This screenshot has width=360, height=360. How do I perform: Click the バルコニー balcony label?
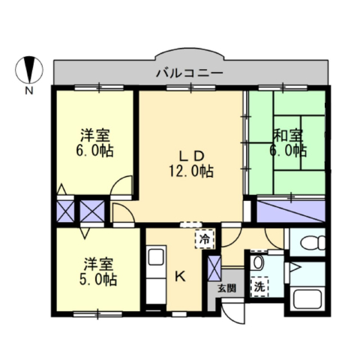click(x=190, y=73)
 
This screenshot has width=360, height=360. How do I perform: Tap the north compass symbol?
click(x=29, y=70)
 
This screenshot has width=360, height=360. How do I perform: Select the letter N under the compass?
click(x=29, y=91)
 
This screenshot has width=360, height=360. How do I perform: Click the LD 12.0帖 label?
click(x=191, y=164)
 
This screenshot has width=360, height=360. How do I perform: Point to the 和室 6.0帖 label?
click(x=288, y=142)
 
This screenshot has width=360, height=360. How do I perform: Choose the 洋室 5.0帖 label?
click(x=98, y=271)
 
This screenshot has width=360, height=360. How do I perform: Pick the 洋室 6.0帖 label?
click(x=94, y=143)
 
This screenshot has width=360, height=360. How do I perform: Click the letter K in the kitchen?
click(x=180, y=277)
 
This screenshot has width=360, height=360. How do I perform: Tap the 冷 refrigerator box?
click(x=205, y=239)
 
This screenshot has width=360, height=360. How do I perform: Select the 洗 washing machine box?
click(x=259, y=287)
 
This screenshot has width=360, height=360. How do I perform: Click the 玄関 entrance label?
click(x=226, y=288)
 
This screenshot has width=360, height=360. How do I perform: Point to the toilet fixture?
click(x=313, y=242)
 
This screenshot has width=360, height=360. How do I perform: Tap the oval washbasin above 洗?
click(x=258, y=262)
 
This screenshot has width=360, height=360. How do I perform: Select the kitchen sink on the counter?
click(x=156, y=256)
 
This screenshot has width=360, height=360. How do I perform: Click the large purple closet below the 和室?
click(x=291, y=211)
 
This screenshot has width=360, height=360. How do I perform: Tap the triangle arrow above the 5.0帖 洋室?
click(x=85, y=232)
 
